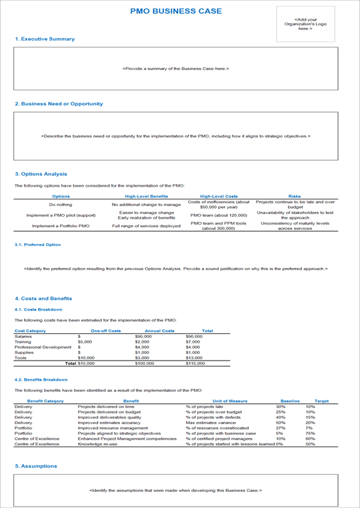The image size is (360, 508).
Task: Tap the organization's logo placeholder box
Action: tap(306, 25)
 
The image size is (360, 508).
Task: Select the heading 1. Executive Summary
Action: tap(45, 39)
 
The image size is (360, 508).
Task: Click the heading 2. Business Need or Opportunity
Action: tap(59, 104)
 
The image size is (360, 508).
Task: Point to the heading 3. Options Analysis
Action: tap(41, 174)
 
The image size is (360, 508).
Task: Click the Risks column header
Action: tap(294, 196)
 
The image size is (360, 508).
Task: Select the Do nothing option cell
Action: tap(61, 205)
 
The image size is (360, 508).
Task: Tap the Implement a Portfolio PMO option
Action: tap(61, 226)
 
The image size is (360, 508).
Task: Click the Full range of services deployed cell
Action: tap(146, 226)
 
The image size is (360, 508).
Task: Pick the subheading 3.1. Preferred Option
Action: tap(37, 245)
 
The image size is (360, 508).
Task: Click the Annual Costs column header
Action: tap(159, 331)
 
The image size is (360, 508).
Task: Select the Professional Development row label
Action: tap(43, 347)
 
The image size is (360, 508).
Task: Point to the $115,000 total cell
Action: tap(195, 363)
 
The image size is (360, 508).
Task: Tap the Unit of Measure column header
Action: tap(230, 401)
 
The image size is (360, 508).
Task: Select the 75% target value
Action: tap(310, 433)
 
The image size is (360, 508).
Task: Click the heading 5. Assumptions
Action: tap(36, 466)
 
